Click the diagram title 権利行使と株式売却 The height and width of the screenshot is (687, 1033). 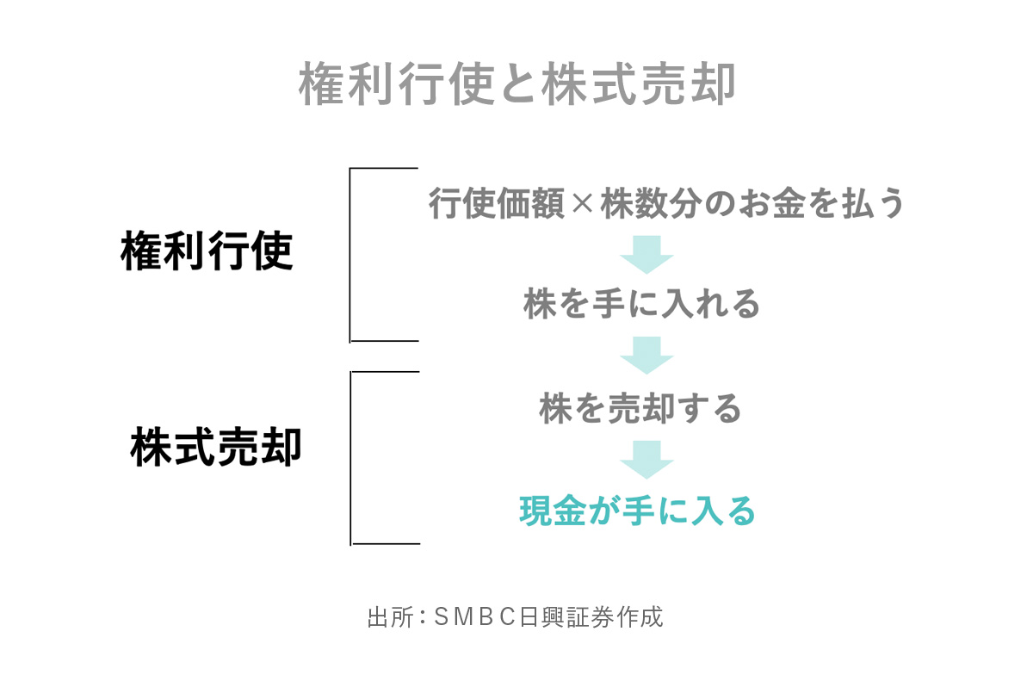516,84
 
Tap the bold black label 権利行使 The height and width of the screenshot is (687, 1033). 207,251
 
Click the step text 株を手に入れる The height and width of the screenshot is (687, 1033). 641,303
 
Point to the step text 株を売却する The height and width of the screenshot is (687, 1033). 640,409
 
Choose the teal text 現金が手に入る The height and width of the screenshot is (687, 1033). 637,511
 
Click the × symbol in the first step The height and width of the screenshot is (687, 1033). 582,203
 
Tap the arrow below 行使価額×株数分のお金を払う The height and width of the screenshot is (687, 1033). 646,255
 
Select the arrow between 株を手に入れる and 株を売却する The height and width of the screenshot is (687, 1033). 646,356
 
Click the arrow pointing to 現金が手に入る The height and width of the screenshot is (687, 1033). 646,460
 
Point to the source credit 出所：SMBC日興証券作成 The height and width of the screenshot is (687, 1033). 515,617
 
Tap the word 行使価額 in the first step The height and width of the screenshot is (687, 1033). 497,203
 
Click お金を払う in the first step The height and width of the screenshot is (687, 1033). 821,203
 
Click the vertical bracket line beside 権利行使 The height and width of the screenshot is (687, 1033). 350,255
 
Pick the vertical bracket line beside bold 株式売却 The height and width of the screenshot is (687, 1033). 350,458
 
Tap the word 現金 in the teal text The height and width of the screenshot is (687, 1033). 553,511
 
